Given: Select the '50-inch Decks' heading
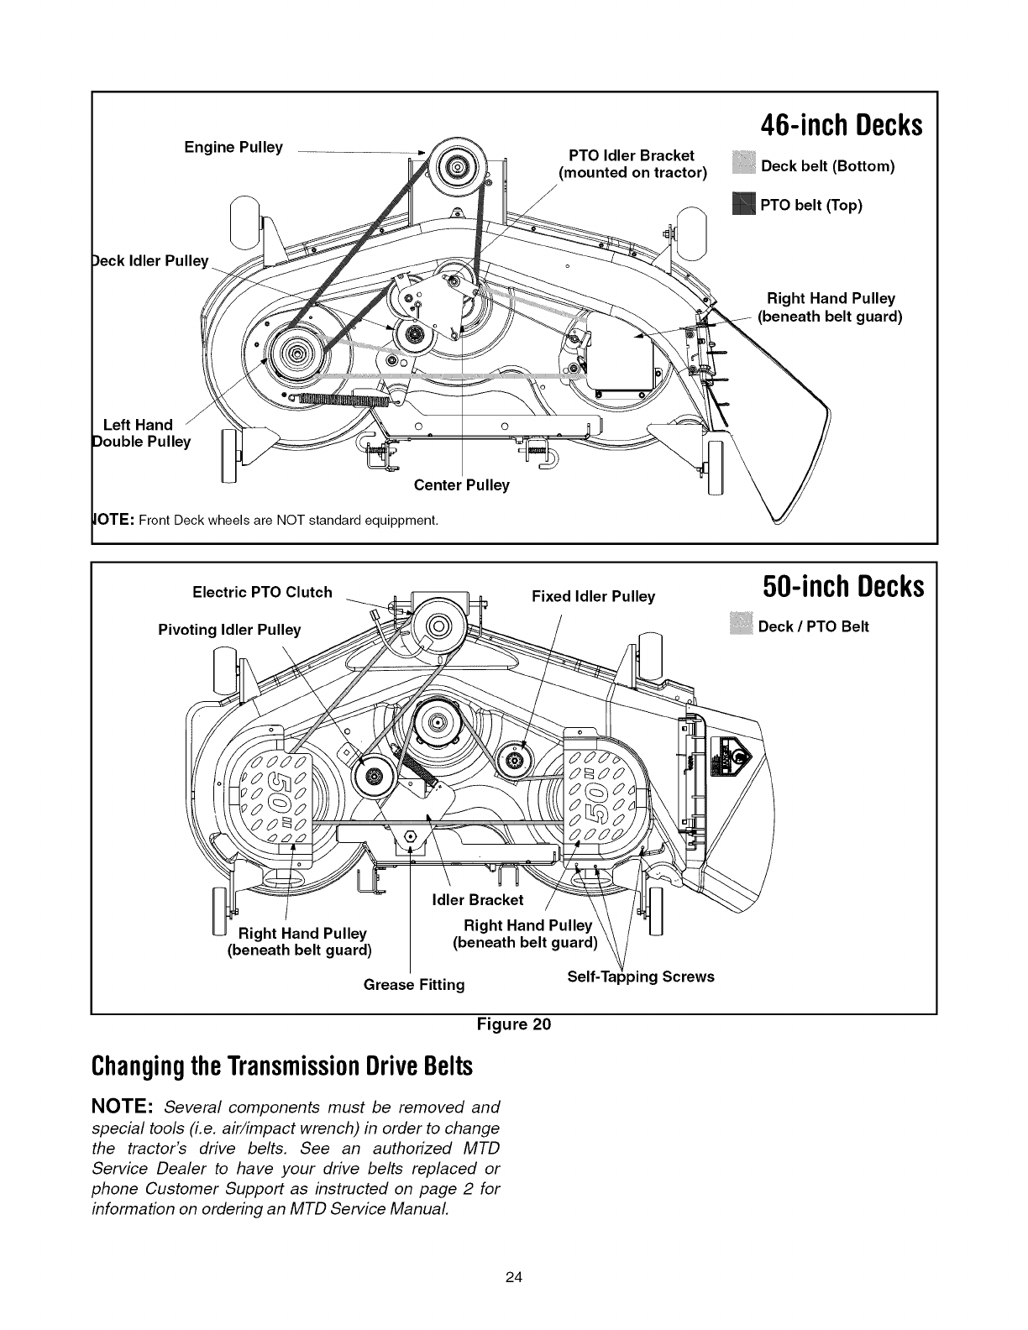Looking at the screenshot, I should click(842, 586).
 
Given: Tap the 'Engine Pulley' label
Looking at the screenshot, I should click(233, 148).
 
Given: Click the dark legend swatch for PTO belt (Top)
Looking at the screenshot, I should click(744, 204).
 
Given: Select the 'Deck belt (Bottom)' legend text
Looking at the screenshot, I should click(827, 165).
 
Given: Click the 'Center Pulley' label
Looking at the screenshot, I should click(462, 485).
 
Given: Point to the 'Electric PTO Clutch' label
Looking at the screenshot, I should click(262, 592).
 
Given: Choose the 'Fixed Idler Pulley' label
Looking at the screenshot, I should click(593, 596).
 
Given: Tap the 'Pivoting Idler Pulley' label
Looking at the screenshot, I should click(229, 630).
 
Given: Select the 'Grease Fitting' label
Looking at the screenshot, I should click(414, 983).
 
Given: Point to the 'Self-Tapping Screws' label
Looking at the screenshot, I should click(641, 977).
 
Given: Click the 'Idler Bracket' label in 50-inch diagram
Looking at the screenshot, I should click(476, 900).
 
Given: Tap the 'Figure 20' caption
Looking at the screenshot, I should click(513, 1024).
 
